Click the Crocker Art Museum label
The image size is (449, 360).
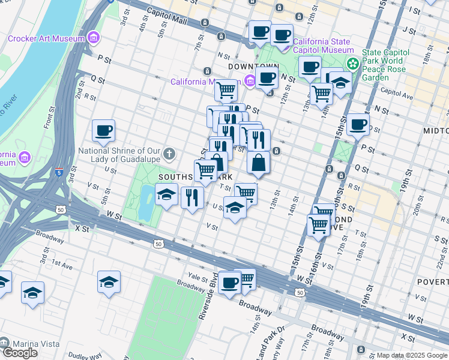pos(46,39)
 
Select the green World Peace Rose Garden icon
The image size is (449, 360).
pos(352,62)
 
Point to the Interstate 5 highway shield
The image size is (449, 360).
pos(58,173)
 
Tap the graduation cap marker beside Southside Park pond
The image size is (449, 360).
pos(166,194)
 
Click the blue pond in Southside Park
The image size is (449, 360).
pos(145,203)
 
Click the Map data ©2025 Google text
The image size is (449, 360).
pos(412,355)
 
